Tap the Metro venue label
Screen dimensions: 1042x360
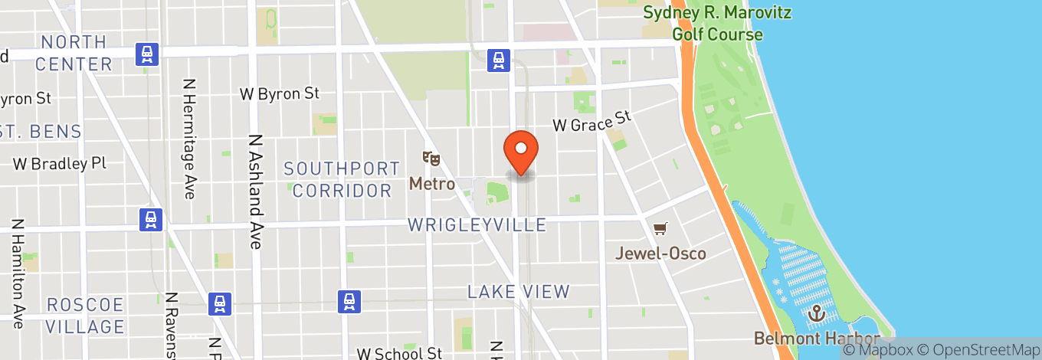(432, 184)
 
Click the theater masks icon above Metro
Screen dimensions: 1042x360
(431, 159)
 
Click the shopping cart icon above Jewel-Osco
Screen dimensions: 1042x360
(660, 228)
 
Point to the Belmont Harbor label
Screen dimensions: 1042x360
(815, 338)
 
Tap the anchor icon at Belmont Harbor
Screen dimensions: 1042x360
(818, 313)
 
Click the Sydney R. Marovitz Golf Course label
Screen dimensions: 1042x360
(717, 24)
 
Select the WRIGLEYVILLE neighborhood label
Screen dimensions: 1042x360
(477, 225)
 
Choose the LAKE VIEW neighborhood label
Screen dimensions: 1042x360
(519, 292)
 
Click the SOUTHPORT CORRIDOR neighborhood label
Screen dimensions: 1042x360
(342, 179)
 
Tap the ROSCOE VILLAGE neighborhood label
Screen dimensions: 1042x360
(85, 316)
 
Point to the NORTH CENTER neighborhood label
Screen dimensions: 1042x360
(74, 53)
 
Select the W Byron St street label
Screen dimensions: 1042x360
(279, 93)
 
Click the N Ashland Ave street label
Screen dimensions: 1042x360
(255, 192)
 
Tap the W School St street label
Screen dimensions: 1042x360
(399, 353)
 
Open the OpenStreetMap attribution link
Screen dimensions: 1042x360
(973, 350)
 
